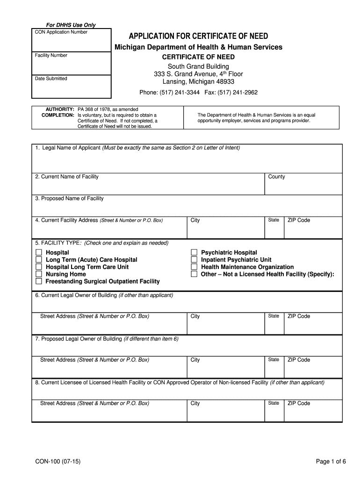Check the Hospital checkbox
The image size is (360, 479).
[x=38, y=253]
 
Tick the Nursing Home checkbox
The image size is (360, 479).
[x=38, y=274]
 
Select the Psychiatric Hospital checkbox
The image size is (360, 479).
[x=194, y=253]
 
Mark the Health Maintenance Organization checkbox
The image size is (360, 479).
[x=194, y=267]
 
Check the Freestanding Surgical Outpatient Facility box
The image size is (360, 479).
[x=38, y=282]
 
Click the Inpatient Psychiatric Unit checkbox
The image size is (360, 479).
[x=194, y=260]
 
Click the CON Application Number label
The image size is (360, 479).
[x=61, y=32]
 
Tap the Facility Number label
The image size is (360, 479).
[x=51, y=55]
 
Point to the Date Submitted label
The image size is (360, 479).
[x=51, y=79]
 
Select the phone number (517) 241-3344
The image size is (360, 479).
[x=180, y=93]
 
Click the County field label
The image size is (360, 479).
[x=276, y=177]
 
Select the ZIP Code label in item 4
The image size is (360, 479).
[x=299, y=220]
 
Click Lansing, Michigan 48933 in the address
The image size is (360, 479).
[x=198, y=81]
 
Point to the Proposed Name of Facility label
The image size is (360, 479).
[x=69, y=198]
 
